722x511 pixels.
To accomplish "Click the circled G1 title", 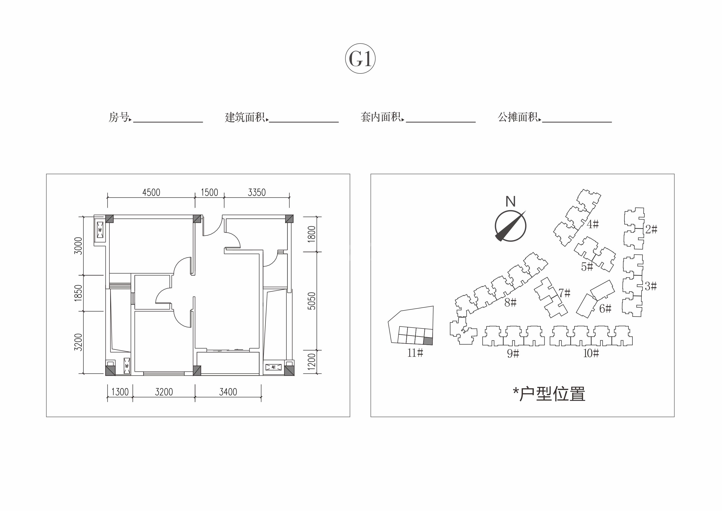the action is tap(360, 58).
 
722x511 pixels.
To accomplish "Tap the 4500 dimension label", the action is tap(151, 192).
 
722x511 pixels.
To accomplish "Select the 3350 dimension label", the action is tap(257, 192).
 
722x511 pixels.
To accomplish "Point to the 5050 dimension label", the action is tap(311, 301).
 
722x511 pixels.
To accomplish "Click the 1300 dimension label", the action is tap(120, 392).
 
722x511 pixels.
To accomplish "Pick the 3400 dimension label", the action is tap(228, 392).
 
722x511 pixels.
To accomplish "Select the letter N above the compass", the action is tap(510, 201).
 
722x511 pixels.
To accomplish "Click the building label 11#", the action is tap(415, 353).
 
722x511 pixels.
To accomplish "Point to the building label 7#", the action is tap(565, 293).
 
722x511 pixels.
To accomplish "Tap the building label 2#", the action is tap(651, 229).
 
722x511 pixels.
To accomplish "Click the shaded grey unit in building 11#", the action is tap(428, 341).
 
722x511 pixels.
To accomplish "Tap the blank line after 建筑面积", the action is tap(304, 122).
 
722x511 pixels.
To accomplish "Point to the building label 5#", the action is tap(587, 267).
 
